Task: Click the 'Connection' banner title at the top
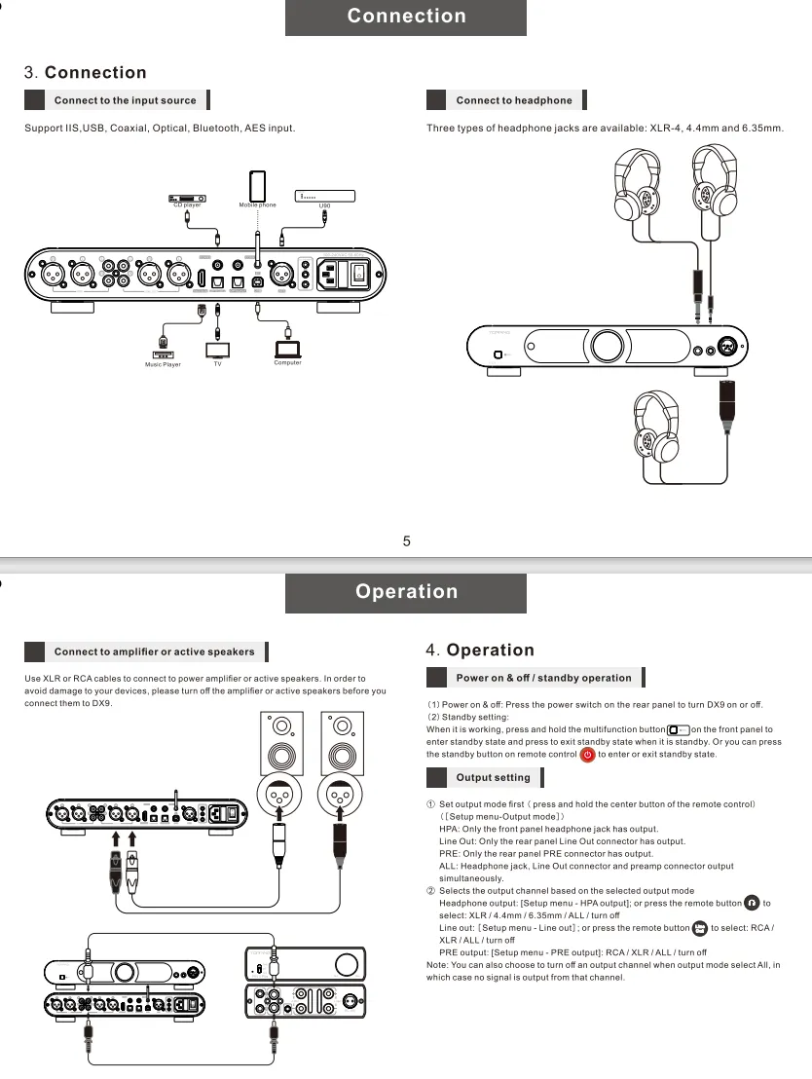(x=406, y=17)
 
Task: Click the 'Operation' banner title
(x=406, y=592)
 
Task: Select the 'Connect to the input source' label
(x=125, y=100)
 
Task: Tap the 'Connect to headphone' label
(x=514, y=100)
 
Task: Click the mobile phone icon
(x=258, y=185)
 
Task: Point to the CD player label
(x=187, y=205)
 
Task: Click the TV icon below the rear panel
(x=217, y=349)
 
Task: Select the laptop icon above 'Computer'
(x=288, y=349)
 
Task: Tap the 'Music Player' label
(x=164, y=364)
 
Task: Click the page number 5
(x=407, y=541)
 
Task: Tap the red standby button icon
(x=587, y=755)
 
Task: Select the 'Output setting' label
(x=493, y=778)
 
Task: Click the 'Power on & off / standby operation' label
(x=543, y=678)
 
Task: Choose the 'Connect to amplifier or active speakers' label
(x=154, y=651)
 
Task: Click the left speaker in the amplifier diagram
(x=281, y=748)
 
